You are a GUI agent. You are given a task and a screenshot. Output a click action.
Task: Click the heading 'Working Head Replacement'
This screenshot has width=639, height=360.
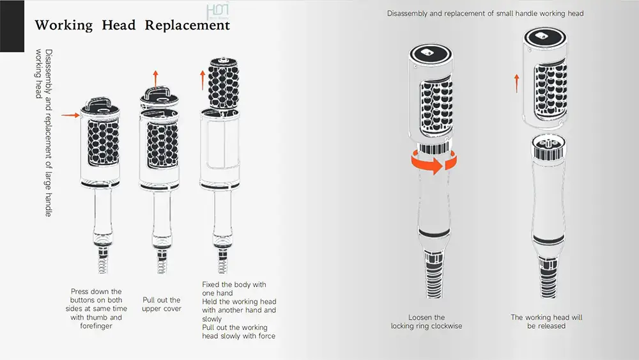tap(132, 26)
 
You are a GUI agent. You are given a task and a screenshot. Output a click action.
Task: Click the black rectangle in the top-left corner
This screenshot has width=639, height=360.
tap(12, 26)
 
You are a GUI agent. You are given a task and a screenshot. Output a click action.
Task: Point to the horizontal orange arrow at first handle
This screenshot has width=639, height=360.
tap(70, 116)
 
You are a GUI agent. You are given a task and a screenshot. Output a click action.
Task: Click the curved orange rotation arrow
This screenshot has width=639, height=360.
tap(435, 162)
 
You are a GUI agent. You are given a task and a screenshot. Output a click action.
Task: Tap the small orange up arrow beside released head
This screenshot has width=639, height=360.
tap(517, 82)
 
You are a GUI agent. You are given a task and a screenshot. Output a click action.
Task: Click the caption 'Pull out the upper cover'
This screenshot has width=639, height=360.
tap(161, 304)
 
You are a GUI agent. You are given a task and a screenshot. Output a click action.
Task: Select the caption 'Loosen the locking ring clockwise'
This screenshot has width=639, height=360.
tap(426, 322)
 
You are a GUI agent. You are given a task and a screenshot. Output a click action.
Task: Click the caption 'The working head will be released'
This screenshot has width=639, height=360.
tap(546, 322)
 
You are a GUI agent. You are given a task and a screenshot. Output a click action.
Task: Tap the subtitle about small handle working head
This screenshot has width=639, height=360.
tap(485, 13)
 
